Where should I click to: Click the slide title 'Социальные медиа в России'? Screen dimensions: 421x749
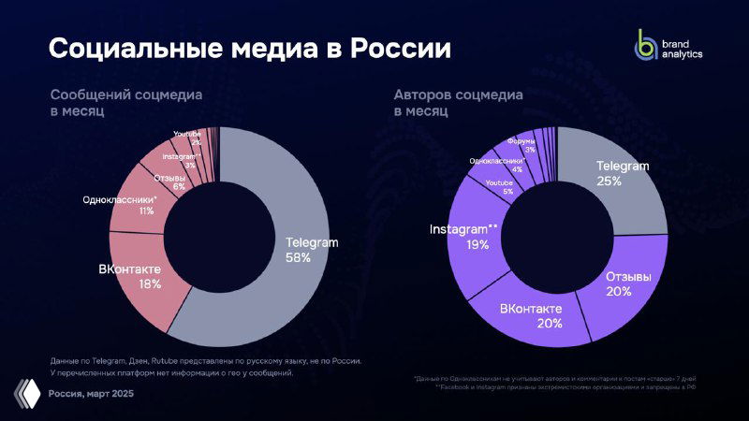pos(249,49)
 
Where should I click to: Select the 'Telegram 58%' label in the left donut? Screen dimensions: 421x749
pos(312,250)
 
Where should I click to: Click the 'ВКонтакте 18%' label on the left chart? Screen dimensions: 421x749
pos(130,275)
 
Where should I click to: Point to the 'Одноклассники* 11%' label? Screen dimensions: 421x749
pos(120,205)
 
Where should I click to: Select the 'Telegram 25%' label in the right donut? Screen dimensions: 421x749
pos(623,173)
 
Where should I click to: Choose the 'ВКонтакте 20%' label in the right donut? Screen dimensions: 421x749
pos(531,315)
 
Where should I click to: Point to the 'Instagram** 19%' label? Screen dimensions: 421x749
pos(463,237)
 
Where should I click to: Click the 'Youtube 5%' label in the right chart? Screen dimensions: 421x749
pos(499,186)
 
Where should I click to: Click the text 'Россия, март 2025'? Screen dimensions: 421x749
pos(91,393)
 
